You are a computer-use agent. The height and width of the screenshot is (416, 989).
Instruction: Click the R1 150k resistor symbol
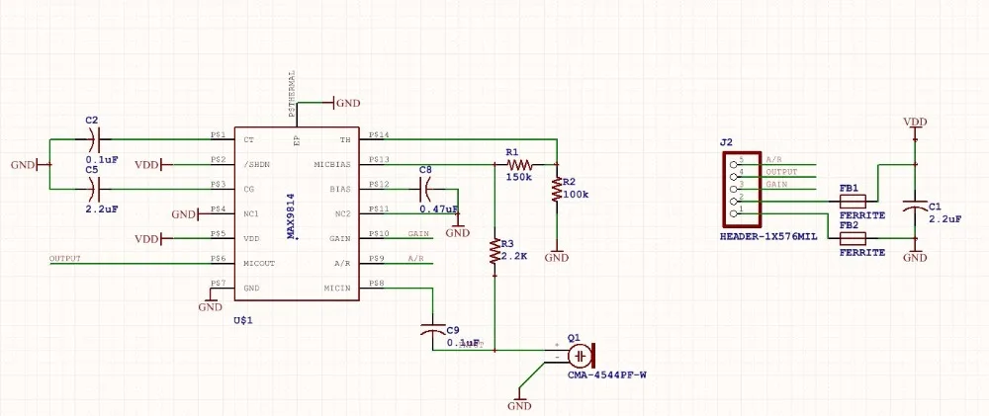pyautogui.click(x=519, y=165)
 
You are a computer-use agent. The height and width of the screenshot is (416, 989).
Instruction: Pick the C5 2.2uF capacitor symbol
pyautogui.click(x=98, y=189)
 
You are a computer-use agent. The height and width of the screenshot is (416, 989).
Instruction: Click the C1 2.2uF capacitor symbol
pyautogui.click(x=915, y=212)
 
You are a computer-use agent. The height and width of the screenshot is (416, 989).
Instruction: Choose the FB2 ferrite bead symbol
pyautogui.click(x=852, y=238)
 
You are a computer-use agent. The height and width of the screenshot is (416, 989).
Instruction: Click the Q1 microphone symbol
pyautogui.click(x=584, y=355)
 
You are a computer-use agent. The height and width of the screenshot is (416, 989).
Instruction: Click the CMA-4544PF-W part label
pyautogui.click(x=606, y=374)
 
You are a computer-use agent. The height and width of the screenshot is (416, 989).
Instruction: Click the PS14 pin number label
pyautogui.click(x=378, y=134)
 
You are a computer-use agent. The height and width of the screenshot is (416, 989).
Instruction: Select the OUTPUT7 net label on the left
pyautogui.click(x=64, y=259)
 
